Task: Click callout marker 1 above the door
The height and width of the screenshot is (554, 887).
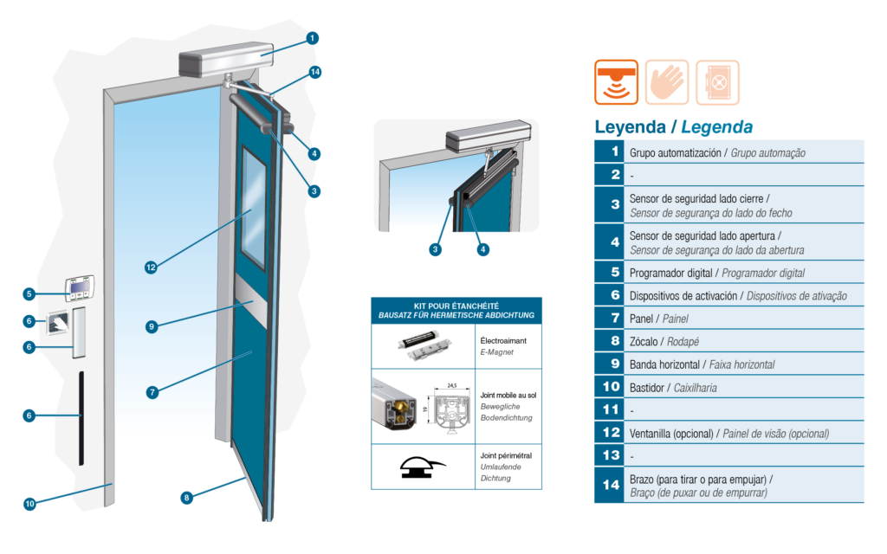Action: click(x=312, y=38)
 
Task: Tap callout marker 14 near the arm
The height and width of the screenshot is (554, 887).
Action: click(x=315, y=72)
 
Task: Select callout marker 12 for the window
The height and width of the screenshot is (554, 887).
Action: click(x=151, y=267)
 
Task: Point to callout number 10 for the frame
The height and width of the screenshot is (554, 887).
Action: click(x=29, y=503)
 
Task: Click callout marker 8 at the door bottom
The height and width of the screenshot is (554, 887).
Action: click(x=187, y=498)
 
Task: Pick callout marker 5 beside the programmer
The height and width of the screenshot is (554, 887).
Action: click(x=29, y=294)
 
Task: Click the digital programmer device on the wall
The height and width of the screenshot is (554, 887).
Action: click(x=79, y=288)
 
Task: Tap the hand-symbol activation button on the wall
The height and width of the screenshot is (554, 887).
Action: click(x=58, y=323)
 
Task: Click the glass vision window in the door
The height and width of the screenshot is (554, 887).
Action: click(x=254, y=208)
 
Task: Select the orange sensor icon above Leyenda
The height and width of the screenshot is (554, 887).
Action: click(x=616, y=82)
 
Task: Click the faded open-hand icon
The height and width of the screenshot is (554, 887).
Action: click(x=667, y=82)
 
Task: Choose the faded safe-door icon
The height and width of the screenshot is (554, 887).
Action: click(x=717, y=82)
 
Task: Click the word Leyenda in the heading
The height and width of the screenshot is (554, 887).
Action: click(x=631, y=127)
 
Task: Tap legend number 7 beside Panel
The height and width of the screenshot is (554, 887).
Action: click(x=616, y=319)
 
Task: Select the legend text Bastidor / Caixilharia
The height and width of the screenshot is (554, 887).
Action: click(x=673, y=388)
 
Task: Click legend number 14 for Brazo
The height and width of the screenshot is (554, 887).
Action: click(x=611, y=485)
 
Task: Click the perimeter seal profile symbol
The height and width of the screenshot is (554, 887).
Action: click(x=422, y=467)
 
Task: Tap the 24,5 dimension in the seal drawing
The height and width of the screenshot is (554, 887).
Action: click(x=452, y=385)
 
